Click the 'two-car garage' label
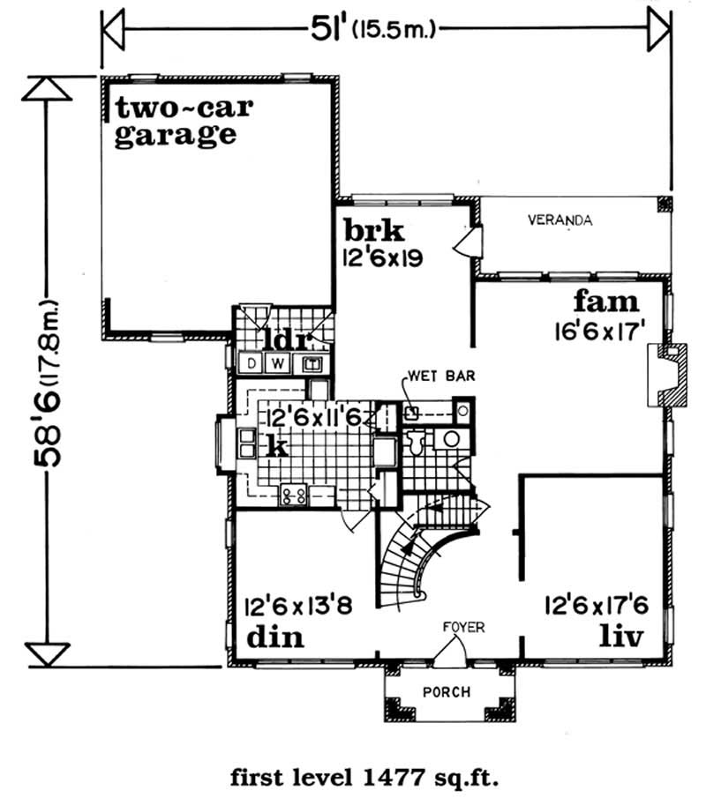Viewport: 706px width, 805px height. (184, 123)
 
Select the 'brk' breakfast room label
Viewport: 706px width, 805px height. (374, 232)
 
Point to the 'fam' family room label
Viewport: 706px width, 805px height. (605, 302)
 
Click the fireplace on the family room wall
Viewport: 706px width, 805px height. (666, 376)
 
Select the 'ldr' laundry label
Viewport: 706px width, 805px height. (283, 339)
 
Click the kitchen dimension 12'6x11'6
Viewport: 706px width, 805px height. (313, 417)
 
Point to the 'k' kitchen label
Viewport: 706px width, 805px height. (276, 446)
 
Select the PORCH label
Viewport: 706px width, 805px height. (447, 692)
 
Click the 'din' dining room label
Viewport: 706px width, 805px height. (275, 637)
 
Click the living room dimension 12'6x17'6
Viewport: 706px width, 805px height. (598, 607)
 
